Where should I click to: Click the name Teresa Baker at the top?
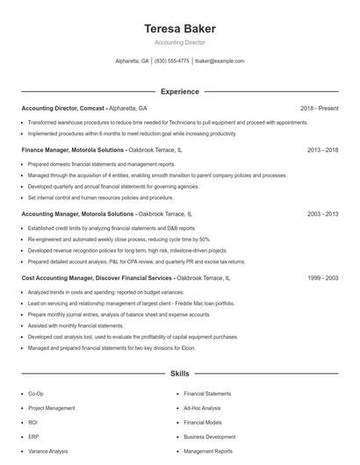(180, 29)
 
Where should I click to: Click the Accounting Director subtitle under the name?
(180, 42)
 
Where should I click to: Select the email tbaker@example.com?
(220, 61)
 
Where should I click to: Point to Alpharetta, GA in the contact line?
(132, 61)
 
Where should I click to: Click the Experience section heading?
(180, 91)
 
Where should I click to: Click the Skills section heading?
(180, 374)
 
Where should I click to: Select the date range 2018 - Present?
(319, 108)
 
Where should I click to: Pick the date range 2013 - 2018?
(322, 151)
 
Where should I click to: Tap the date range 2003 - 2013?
(322, 214)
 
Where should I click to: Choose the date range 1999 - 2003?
(322, 277)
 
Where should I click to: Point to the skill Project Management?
(52, 408)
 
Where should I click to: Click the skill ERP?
(33, 436)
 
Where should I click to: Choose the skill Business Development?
(209, 436)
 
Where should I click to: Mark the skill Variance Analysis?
(48, 451)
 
